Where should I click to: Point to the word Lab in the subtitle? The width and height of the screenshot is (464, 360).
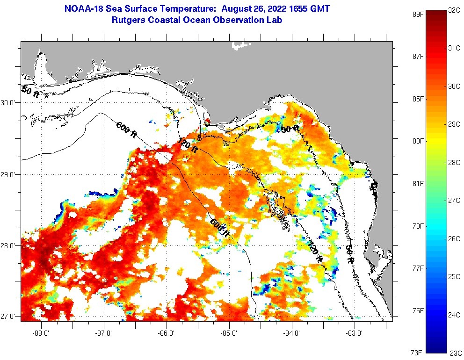pyautogui.click(x=275, y=20)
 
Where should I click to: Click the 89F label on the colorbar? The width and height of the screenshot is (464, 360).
pyautogui.click(x=418, y=14)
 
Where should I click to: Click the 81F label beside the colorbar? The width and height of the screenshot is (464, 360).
pyautogui.click(x=418, y=183)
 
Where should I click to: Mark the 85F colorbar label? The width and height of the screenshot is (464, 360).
pyautogui.click(x=418, y=99)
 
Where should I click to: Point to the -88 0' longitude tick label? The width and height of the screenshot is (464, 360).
pyautogui.click(x=42, y=333)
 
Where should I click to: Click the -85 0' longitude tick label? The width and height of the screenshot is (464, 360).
pyautogui.click(x=229, y=333)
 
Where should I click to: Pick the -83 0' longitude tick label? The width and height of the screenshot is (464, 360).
pyautogui.click(x=355, y=333)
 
